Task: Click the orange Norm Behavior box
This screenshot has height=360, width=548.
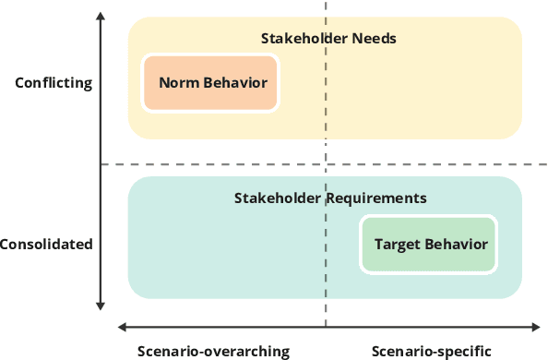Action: pyautogui.click(x=212, y=83)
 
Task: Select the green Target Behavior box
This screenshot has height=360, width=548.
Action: pyautogui.click(x=430, y=245)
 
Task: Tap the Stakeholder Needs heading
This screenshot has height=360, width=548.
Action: pyautogui.click(x=328, y=39)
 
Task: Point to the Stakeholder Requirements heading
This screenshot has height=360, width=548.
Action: pyautogui.click(x=329, y=198)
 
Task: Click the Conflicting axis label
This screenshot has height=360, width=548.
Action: pyautogui.click(x=54, y=83)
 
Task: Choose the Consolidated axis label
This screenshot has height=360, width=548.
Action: pyautogui.click(x=46, y=245)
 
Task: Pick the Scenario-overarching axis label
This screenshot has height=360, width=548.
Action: pyautogui.click(x=213, y=351)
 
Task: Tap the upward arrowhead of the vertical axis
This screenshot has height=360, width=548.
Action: pyautogui.click(x=100, y=17)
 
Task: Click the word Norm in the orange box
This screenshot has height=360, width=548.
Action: pyautogui.click(x=178, y=83)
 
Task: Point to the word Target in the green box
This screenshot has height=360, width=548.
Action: pyautogui.click(x=398, y=245)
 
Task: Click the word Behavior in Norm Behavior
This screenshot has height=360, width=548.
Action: pyautogui.click(x=234, y=83)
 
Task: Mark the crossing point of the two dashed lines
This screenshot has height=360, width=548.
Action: pyautogui.click(x=326, y=164)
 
